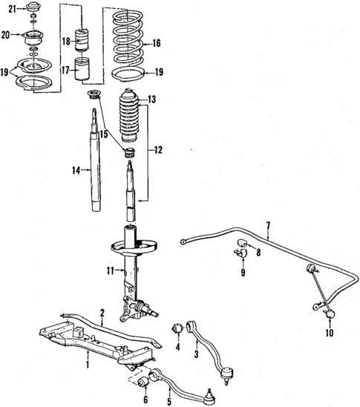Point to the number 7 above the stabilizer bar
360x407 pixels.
tap(268, 225)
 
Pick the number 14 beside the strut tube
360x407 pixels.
tap(76, 171)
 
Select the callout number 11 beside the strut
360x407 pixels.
tap(110, 270)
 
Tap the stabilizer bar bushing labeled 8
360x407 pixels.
tap(240, 244)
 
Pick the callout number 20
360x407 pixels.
tap(6, 34)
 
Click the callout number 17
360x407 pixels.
tap(65, 71)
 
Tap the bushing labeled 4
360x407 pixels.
tap(178, 329)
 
